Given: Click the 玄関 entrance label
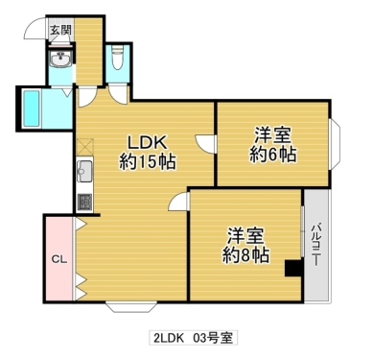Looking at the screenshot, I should coord(59,30).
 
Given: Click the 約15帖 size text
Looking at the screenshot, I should coord(147,159).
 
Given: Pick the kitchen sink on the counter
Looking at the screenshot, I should coord(82,173).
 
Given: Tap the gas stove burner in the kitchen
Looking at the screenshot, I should coord(82,203).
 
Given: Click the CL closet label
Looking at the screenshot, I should coord(58,259).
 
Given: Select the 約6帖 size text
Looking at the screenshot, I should coord(273,155).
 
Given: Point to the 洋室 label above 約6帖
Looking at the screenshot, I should coord(273,132).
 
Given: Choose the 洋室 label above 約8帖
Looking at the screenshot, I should coord(246,233).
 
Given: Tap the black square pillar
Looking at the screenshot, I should coord(292,268).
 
